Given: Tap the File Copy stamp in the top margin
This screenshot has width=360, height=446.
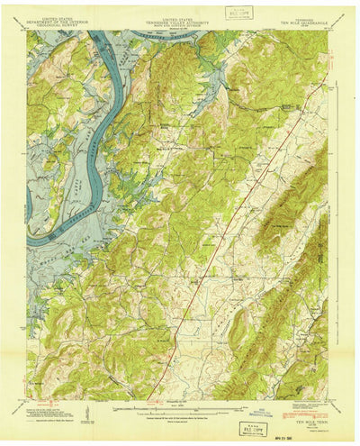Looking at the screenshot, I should (x=238, y=15).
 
